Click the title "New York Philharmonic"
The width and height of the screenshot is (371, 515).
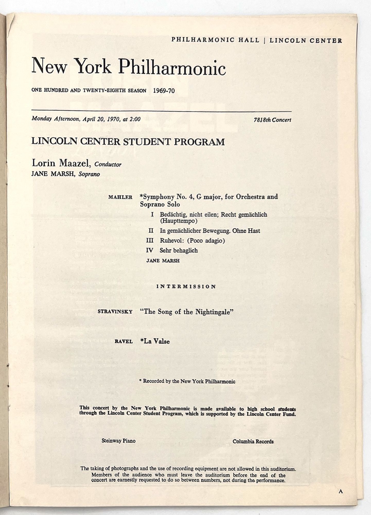pos(128,66)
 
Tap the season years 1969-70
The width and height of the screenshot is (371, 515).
pos(164,90)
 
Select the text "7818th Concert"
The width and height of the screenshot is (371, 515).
pos(272,120)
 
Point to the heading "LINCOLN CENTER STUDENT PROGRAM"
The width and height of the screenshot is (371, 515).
pos(128,142)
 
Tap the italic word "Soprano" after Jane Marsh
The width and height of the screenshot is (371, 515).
pos(89,174)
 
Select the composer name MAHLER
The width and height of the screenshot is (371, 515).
pos(120,198)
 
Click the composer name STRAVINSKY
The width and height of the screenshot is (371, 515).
pos(115,312)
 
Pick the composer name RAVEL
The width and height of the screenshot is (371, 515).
pos(123,342)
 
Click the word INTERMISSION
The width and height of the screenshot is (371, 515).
pos(186,287)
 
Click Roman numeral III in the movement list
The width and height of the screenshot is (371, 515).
pos(149,241)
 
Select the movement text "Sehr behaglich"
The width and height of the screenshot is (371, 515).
pos(179,250)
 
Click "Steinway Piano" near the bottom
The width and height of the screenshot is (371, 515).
pos(118,441)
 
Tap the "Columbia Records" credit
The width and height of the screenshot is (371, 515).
pos(253,441)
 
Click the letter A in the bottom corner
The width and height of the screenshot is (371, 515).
pos(341,492)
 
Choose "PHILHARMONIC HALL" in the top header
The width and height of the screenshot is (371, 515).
pos(215,40)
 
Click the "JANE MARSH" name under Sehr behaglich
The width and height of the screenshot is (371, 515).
pos(163,261)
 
